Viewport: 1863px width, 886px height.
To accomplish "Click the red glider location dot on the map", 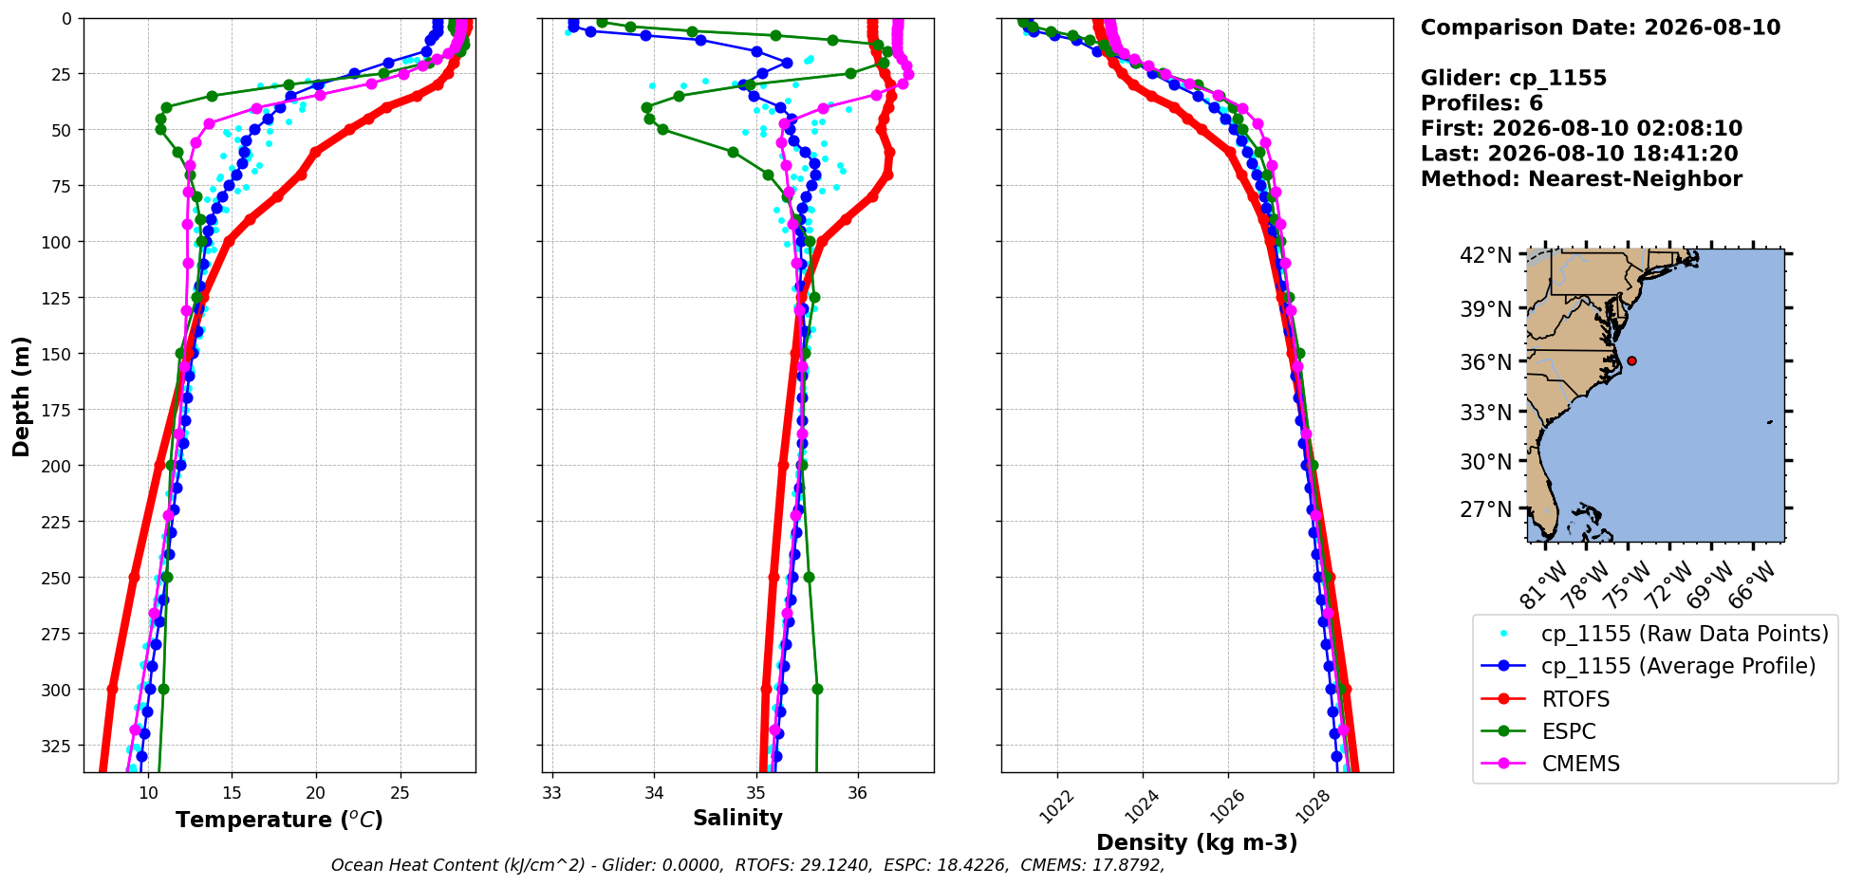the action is tap(1631, 360).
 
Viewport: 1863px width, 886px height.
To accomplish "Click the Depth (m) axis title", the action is tap(21, 396).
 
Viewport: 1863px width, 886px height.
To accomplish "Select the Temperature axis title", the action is tap(279, 820).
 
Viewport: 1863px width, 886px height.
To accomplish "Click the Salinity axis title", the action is tap(737, 818).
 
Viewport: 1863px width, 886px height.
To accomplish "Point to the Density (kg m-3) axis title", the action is tap(1197, 842).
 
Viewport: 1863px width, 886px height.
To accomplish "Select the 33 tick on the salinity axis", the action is tap(552, 792).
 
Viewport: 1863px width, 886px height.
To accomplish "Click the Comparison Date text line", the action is tap(1600, 28).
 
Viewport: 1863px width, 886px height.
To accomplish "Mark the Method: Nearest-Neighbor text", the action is tap(1581, 179).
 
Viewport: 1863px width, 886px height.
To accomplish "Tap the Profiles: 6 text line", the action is tap(1481, 103).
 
